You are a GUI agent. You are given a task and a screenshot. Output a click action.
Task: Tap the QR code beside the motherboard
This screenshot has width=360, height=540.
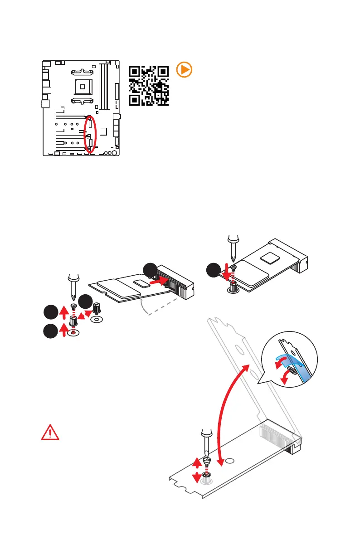[x=149, y=86]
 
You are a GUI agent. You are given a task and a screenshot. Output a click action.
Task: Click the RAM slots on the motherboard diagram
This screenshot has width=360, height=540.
[x=105, y=86]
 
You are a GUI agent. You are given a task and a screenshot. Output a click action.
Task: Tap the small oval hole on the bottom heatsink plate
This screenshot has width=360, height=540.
[x=230, y=461]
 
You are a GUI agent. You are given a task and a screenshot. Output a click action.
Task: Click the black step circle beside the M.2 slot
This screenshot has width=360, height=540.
[x=151, y=270]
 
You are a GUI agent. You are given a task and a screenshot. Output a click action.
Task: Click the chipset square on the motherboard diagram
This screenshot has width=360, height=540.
[x=104, y=131]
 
